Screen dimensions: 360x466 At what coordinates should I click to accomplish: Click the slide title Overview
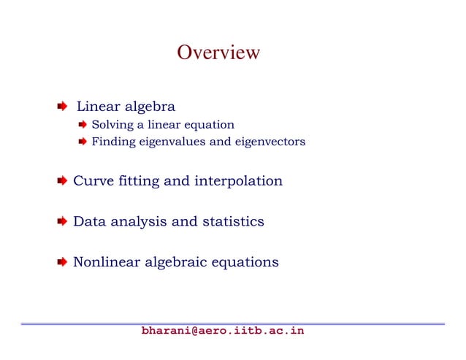218,53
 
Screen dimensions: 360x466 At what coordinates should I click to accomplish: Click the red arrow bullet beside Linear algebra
63,107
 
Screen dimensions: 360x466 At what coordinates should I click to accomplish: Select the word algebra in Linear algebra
150,107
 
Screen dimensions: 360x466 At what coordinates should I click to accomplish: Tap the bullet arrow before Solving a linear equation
83,125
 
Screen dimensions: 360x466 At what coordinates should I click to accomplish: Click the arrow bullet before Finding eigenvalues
83,142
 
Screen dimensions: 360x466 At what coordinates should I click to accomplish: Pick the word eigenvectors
269,142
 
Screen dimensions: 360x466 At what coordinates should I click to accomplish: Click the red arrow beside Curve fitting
63,180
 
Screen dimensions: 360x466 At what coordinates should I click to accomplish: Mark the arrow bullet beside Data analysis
63,221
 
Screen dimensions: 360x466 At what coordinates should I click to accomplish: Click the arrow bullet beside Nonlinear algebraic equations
63,261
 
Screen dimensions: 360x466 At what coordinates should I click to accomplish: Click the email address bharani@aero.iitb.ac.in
223,332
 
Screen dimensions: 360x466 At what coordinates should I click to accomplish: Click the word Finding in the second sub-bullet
110,142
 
